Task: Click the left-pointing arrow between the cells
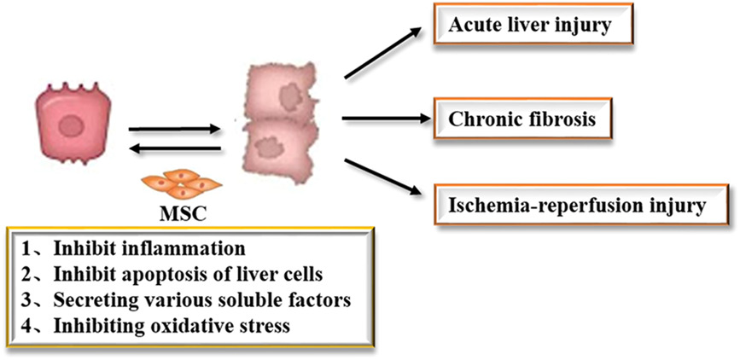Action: (174, 152)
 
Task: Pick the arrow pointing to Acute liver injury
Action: (383, 52)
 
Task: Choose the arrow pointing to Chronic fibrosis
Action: (383, 119)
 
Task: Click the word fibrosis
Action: (567, 118)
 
